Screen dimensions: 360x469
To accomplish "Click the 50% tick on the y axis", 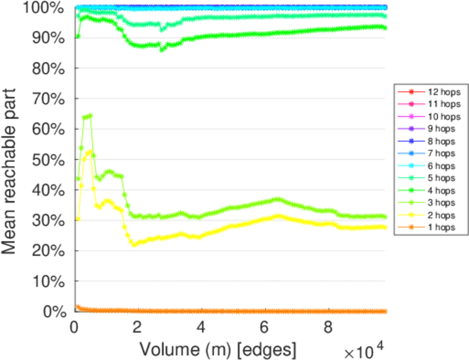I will (x=48, y=159).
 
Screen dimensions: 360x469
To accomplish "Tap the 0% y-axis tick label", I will (x=53, y=311).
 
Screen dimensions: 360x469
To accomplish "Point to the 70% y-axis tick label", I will (x=48, y=98).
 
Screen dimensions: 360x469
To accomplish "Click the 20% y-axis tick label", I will (x=48, y=250).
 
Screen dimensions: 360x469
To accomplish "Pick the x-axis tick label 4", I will (x=201, y=328).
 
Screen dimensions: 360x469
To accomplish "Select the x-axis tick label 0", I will (x=74, y=328).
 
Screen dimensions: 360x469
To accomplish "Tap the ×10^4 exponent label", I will (x=364, y=349).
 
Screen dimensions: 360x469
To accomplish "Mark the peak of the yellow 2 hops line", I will (x=90, y=151).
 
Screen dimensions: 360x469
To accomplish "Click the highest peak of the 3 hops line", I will (x=90, y=115).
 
